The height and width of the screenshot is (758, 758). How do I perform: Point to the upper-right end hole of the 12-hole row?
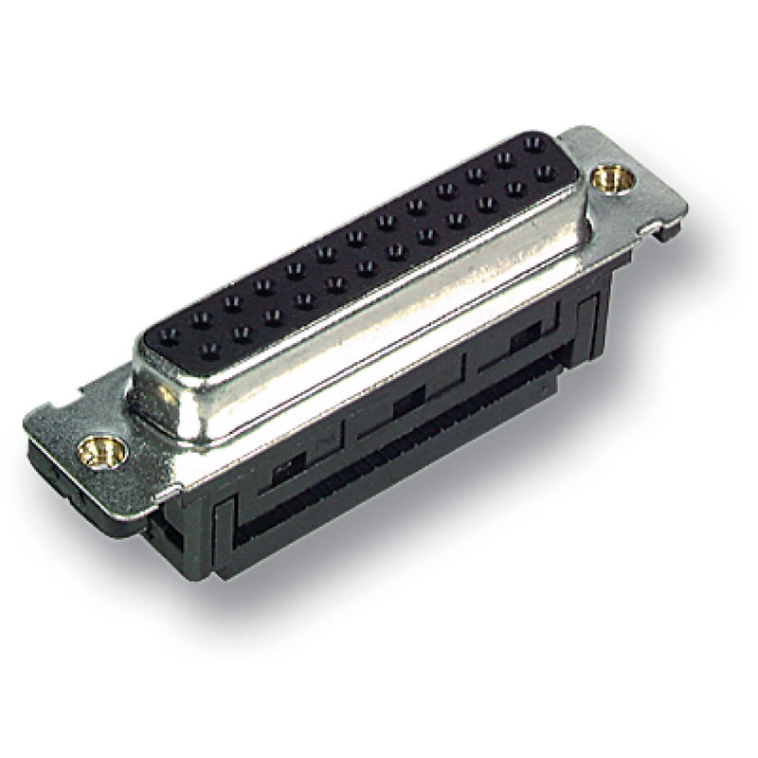544,174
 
